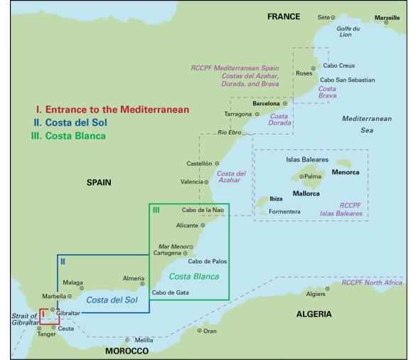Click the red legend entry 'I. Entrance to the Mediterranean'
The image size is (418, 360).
pos(112,110)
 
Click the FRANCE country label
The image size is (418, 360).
pos(284,16)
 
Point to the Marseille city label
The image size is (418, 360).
pos(387,16)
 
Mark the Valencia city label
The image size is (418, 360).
pos(191,181)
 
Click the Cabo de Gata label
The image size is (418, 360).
pos(171,292)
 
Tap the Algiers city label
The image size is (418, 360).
pos(315,293)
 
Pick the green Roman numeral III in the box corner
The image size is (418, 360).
pos(156,210)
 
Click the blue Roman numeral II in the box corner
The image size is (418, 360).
pos(63,261)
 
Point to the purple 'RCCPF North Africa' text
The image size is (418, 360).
pos(372,282)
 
